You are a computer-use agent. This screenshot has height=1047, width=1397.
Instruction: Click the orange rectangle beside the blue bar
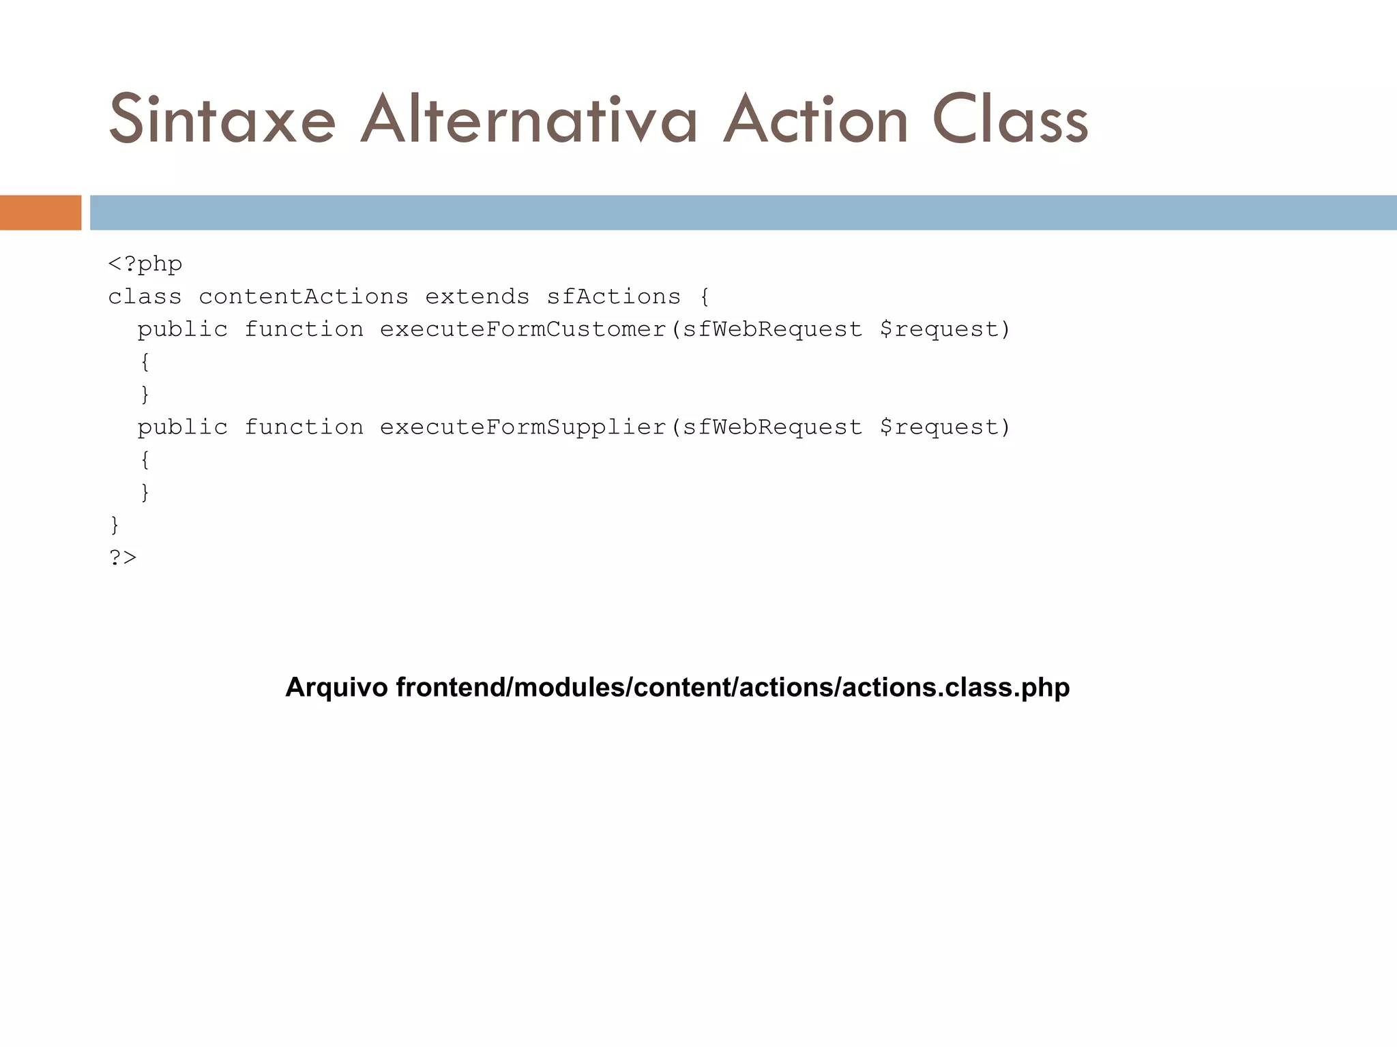(40, 213)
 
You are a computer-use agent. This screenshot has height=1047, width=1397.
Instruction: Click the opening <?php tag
(145, 264)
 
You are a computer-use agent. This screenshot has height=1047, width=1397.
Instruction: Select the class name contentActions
(304, 297)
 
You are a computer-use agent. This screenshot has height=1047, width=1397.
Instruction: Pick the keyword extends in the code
(477, 297)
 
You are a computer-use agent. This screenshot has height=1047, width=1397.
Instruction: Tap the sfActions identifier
(614, 297)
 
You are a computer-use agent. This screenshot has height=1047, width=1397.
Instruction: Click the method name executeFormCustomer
(523, 329)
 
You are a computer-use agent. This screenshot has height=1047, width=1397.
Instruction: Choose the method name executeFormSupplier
(523, 427)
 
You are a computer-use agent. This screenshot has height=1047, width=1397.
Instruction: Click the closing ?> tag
(123, 558)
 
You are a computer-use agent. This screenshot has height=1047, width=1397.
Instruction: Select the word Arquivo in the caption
(336, 687)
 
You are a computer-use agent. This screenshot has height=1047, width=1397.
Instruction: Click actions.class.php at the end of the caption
(956, 687)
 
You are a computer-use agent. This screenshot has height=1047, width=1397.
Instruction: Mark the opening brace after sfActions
(705, 297)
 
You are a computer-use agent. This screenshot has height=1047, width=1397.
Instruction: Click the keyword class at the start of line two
(145, 297)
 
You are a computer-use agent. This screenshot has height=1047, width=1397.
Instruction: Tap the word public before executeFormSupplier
(183, 427)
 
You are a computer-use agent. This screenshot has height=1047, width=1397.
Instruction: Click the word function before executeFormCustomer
(304, 329)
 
